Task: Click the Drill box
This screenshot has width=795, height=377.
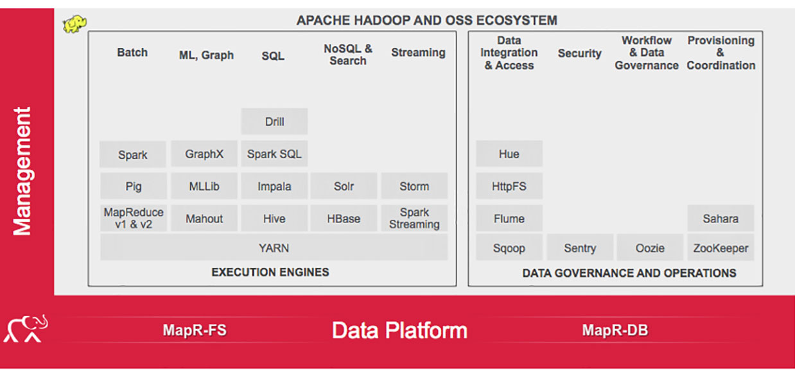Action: point(274,122)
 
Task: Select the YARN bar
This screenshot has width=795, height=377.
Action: point(274,247)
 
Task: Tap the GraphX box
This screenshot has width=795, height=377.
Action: point(204,154)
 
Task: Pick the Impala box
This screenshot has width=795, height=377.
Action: point(274,186)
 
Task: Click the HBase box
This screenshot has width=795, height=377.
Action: point(344,218)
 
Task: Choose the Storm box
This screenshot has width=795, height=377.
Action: point(414,186)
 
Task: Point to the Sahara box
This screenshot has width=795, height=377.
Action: point(721,218)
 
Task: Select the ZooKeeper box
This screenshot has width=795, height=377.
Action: point(721,247)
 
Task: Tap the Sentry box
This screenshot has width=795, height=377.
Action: point(580,247)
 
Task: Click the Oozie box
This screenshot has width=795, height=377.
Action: point(650,247)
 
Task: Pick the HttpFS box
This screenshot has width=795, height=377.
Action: point(509,186)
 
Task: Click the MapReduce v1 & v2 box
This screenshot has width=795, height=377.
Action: point(134,218)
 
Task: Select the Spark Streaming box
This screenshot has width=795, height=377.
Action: point(414,218)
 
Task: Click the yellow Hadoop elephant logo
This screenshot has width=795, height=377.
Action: point(74,24)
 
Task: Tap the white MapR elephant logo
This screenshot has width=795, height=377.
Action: point(26,328)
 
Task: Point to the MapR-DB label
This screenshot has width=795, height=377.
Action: point(615,330)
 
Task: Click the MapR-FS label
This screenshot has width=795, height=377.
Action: point(195,330)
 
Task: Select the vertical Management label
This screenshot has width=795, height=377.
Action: point(22,171)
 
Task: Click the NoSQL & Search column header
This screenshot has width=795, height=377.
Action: point(348,54)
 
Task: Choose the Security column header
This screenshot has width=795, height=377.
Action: point(580,53)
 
